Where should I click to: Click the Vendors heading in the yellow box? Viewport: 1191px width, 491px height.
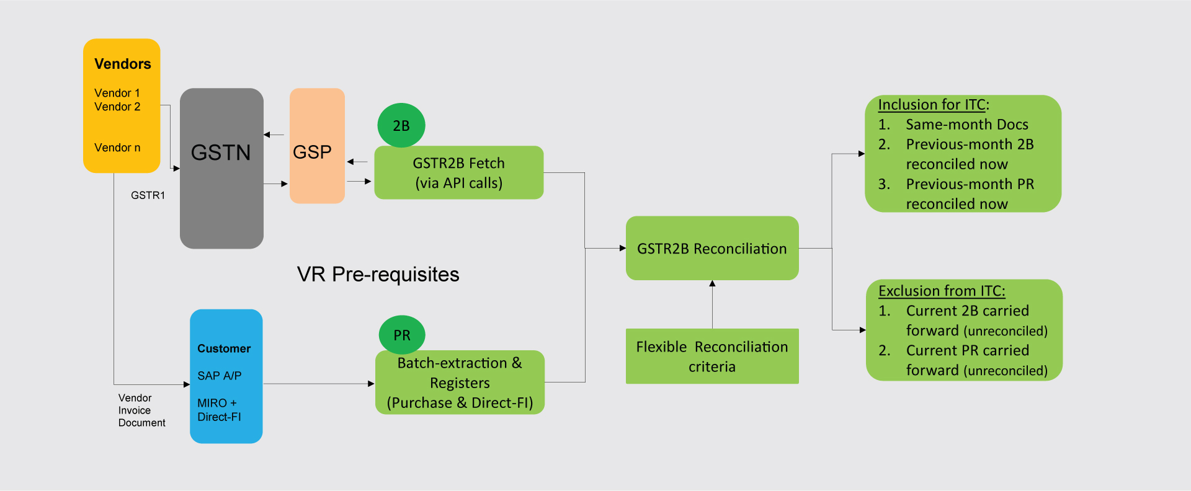point(122,64)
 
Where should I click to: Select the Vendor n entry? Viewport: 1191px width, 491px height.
point(117,148)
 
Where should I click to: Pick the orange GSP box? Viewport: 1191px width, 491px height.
point(316,146)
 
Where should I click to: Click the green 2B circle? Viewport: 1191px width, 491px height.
point(401,125)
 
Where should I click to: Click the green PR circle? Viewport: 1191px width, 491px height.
point(401,335)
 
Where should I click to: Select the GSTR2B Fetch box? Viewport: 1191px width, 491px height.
point(458,173)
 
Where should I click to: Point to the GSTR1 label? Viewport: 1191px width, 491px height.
point(148,195)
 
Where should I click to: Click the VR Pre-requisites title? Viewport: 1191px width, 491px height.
point(378,274)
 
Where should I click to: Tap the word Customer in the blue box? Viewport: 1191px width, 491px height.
point(224,348)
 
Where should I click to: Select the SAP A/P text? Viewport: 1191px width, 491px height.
point(219,376)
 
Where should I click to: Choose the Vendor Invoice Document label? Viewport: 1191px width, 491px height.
point(141,410)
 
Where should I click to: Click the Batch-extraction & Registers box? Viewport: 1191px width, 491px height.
point(460,383)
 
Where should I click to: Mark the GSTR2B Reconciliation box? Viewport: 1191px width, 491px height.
point(711,249)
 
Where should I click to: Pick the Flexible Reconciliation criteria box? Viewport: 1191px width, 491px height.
point(711,356)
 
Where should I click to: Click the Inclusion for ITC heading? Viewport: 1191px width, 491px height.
point(933,105)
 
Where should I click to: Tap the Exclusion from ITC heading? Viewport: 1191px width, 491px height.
point(941,291)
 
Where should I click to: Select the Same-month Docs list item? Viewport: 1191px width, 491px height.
point(966,125)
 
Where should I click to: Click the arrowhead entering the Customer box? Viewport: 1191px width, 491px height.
point(186,384)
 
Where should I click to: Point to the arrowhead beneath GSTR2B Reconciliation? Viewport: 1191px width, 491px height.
point(712,283)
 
